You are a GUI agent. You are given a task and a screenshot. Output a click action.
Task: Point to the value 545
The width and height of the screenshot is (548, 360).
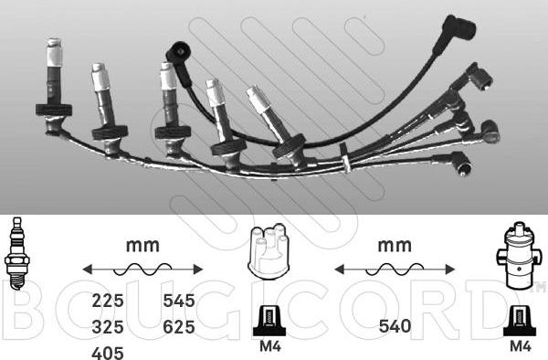[179, 299]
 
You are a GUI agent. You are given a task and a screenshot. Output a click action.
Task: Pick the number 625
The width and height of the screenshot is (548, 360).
[179, 325]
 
